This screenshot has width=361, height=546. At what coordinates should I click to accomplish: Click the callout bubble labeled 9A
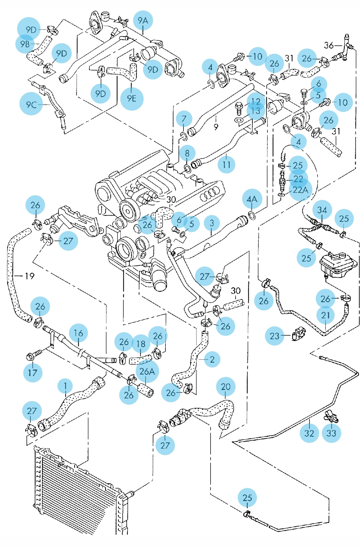(x=143, y=20)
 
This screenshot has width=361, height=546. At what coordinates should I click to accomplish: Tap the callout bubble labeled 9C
(x=31, y=104)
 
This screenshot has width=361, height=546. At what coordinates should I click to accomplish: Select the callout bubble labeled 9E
(x=132, y=99)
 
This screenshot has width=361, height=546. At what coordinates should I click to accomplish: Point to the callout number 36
(x=329, y=45)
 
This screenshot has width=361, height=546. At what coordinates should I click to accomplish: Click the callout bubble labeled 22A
(x=300, y=190)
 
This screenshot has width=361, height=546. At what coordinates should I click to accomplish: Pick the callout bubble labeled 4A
(x=252, y=199)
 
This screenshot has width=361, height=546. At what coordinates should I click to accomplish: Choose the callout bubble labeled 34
(x=322, y=210)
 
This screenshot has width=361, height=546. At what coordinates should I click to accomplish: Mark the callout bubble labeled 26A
(x=147, y=371)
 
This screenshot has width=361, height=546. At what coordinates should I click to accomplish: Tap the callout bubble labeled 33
(x=331, y=433)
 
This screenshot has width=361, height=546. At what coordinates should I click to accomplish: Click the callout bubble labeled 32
(x=309, y=433)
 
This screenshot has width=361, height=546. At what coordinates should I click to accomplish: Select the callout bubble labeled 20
(x=226, y=387)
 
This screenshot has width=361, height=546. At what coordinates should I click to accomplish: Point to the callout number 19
(x=29, y=276)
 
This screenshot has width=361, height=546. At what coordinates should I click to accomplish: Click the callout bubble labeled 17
(x=33, y=372)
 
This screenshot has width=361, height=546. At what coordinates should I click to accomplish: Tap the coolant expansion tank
(x=338, y=265)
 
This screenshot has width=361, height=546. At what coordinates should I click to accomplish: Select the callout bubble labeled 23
(x=274, y=336)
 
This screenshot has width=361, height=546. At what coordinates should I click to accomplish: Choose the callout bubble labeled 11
(x=226, y=164)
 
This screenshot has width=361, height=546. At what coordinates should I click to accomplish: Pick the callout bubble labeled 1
(x=66, y=386)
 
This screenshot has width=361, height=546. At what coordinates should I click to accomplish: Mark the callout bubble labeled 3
(x=212, y=223)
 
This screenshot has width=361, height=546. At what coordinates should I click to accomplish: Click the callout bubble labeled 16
(x=79, y=333)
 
